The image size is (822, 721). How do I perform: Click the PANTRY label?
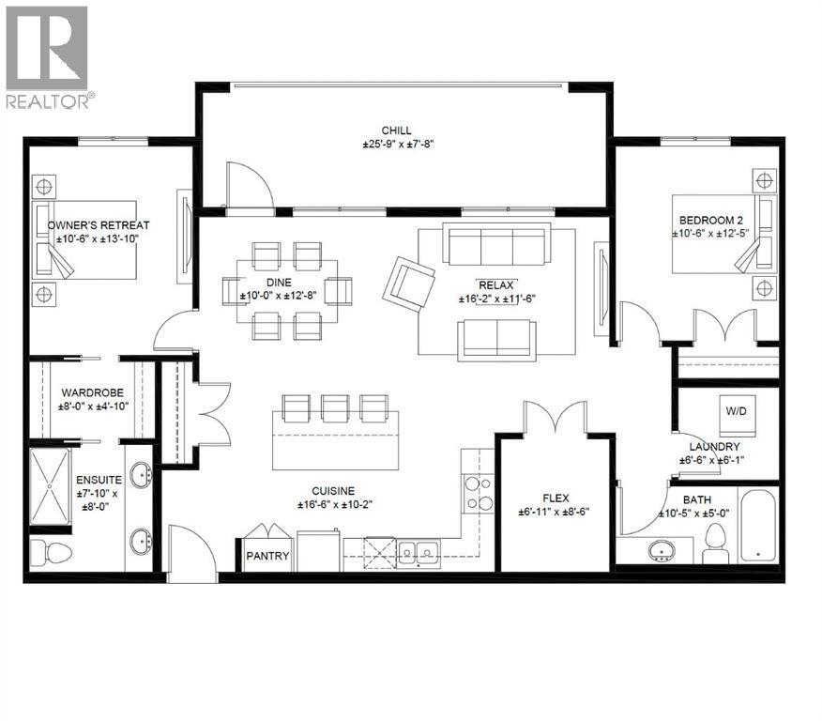(267, 556)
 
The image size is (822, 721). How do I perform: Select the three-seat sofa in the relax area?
(497, 246)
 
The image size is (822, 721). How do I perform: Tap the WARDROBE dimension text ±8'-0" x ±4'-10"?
(87, 409)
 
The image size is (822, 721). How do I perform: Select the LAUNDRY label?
(716, 446)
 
